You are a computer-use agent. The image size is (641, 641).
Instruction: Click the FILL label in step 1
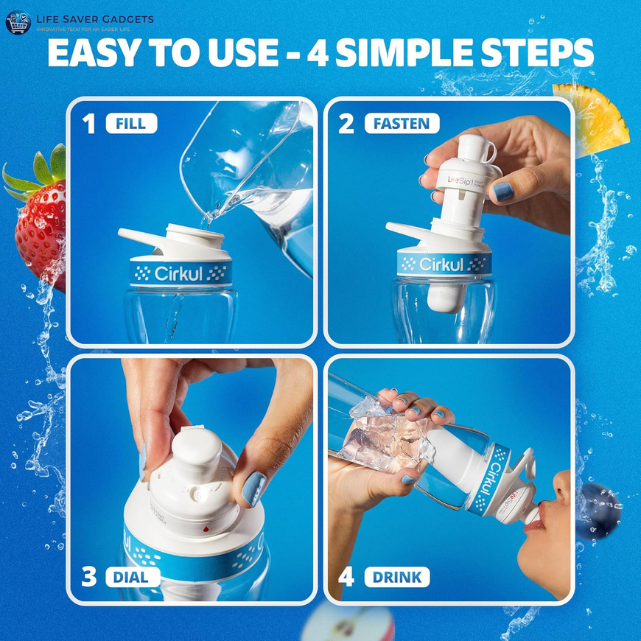coord(131,123)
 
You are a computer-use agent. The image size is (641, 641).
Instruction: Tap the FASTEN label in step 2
coord(402,123)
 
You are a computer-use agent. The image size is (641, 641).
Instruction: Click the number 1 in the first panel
coord(89,123)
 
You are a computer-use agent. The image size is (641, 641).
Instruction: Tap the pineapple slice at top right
coord(593,118)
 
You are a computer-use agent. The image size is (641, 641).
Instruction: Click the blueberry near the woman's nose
coord(600,508)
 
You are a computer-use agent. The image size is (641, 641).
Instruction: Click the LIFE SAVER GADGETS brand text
coord(89,18)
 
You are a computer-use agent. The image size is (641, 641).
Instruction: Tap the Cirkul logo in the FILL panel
coord(181,273)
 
